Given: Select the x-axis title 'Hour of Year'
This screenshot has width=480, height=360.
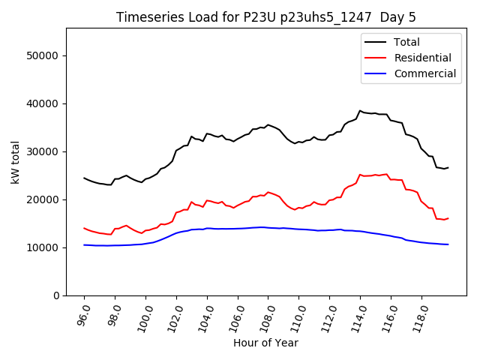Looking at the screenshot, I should click(265, 343).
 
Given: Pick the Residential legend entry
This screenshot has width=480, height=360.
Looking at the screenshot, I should click(422, 58).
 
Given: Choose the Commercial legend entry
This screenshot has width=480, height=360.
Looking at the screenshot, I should click(424, 73).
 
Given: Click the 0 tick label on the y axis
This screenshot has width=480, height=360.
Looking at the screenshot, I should click(56, 295).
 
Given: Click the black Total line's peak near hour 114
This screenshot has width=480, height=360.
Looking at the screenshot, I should click(360, 110).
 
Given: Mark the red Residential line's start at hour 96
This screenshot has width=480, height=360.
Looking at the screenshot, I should click(84, 228).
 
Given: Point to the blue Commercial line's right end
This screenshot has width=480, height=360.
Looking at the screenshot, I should click(448, 244).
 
